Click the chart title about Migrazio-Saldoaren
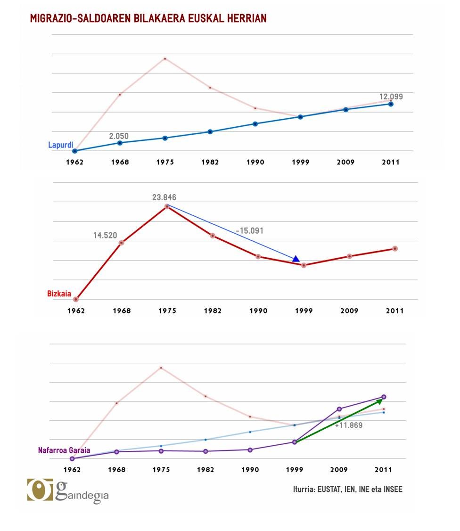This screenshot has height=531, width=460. (x=148, y=18)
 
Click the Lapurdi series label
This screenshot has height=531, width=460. (x=60, y=145)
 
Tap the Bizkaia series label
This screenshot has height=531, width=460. (x=59, y=294)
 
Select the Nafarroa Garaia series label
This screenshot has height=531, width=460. (x=64, y=450)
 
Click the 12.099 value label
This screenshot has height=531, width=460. (x=392, y=97)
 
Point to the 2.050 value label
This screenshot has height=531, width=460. (x=119, y=136)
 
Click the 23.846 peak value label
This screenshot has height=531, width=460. (x=164, y=197)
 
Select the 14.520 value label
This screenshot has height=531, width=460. (x=105, y=235)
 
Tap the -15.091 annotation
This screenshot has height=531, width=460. (x=249, y=231)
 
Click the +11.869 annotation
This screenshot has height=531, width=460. (x=349, y=425)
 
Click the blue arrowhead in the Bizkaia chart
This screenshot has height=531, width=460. (x=296, y=259)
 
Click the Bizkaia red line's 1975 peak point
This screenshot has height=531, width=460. (x=167, y=206)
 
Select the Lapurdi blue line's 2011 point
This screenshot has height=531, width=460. (x=391, y=104)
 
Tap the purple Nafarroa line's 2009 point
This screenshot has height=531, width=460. (x=339, y=408)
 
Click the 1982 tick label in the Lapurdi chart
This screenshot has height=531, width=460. (x=210, y=162)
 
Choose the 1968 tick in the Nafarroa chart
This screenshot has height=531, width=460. (x=116, y=470)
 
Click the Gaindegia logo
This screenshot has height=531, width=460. (x=68, y=490)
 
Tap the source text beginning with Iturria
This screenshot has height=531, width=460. (x=347, y=490)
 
